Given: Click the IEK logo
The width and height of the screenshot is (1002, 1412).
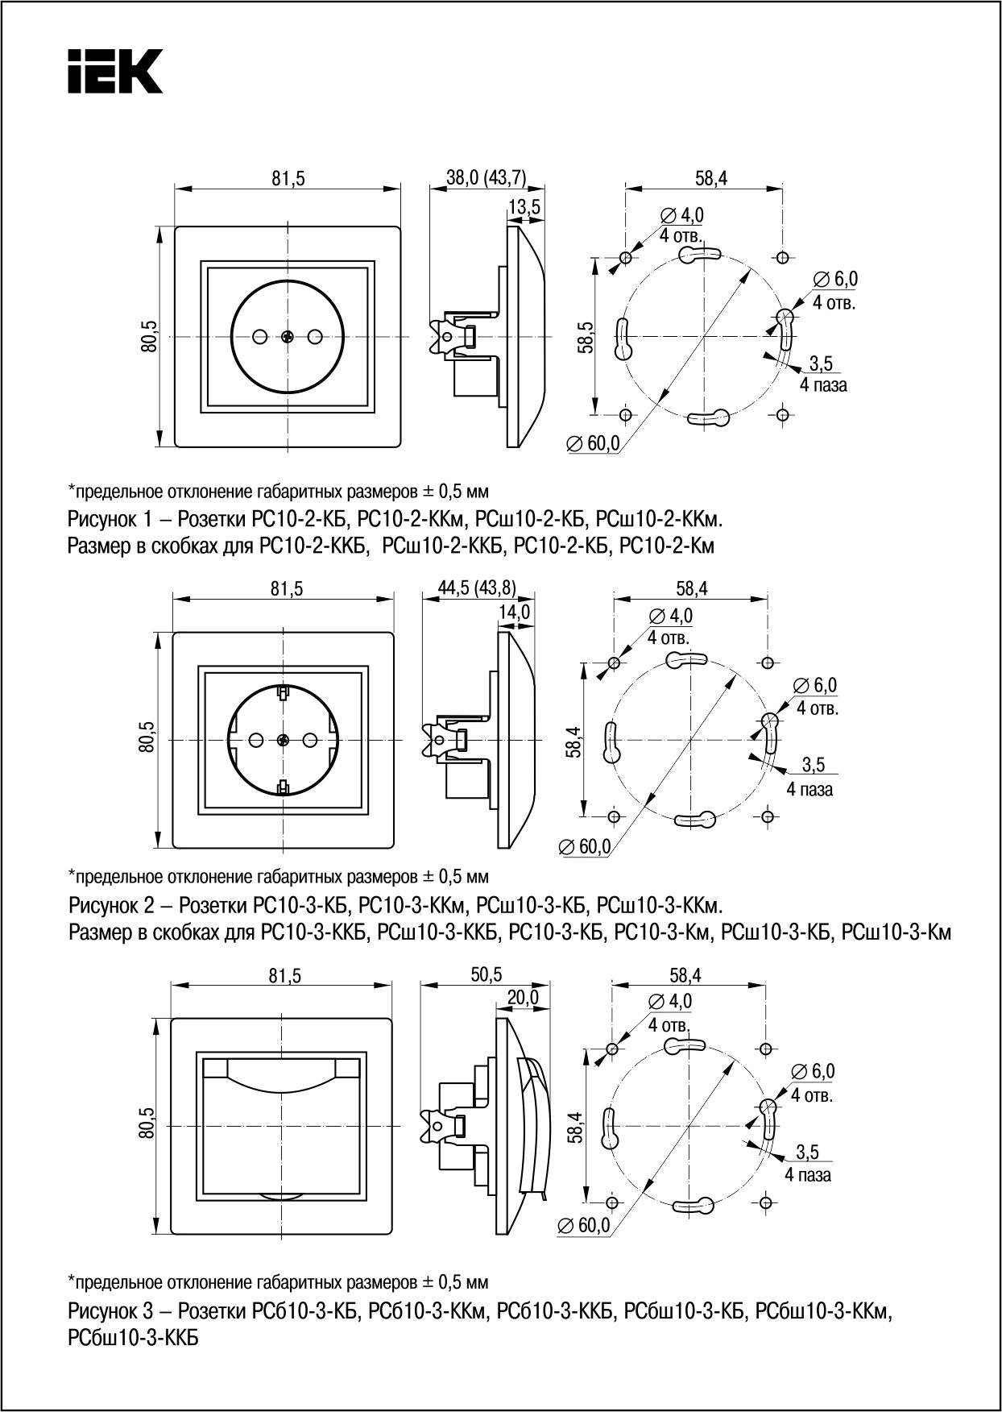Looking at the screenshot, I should [x=115, y=72].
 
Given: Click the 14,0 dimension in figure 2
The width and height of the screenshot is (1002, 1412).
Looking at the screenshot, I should [x=514, y=612].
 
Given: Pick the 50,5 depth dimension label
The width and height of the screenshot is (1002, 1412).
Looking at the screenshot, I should [x=485, y=974].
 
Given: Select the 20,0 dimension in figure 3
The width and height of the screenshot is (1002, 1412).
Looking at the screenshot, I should [x=522, y=997].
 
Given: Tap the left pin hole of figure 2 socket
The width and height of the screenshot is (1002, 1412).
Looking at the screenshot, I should [x=256, y=738].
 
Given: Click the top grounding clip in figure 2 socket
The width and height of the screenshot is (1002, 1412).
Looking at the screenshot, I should [x=283, y=691].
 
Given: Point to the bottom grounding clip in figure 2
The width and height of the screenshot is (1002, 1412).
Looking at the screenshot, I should [x=283, y=787].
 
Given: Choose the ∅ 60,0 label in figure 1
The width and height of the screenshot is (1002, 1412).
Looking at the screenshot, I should [x=593, y=442].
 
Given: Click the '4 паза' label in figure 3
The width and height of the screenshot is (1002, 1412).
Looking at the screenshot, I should [x=808, y=1174].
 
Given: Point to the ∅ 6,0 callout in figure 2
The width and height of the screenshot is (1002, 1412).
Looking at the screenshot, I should [x=816, y=685].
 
